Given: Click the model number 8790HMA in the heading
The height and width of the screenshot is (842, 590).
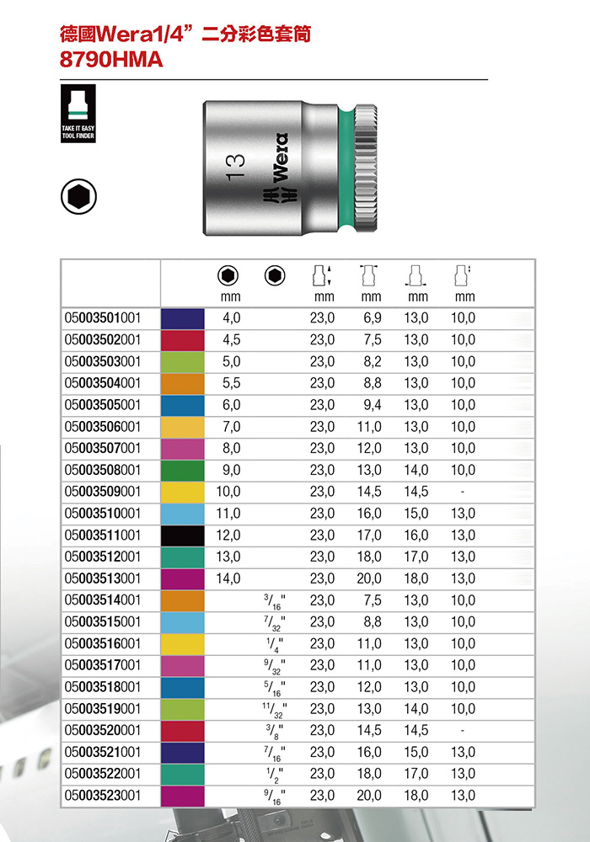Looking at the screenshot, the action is [x=111, y=60].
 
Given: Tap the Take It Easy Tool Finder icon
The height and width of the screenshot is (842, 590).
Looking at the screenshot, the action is [x=78, y=114].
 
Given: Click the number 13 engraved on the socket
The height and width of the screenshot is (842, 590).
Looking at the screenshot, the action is [x=235, y=167].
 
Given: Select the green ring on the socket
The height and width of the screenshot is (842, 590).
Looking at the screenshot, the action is [x=347, y=168].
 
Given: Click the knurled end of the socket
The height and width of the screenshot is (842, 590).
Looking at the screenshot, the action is [x=366, y=168].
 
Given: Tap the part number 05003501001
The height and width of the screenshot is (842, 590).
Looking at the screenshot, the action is [x=103, y=318].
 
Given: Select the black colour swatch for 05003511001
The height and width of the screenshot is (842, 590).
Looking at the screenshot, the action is [x=183, y=536].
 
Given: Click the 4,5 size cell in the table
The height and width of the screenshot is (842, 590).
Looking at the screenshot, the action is [x=232, y=340].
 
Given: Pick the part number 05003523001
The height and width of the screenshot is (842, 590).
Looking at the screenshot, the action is [x=103, y=796].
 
